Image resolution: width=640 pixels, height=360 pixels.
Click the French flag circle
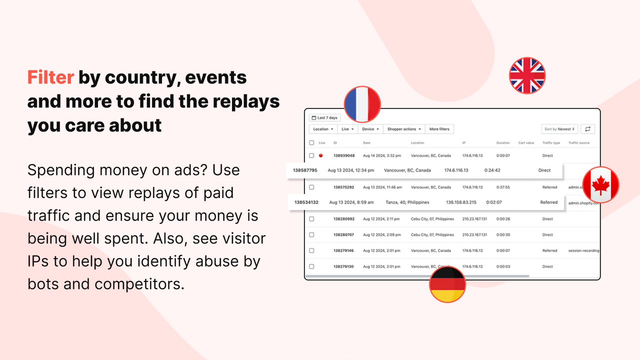coord(362,104)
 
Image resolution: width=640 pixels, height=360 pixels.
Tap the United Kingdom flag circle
coord(527,76)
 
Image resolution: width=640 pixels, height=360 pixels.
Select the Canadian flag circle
coord(600,184)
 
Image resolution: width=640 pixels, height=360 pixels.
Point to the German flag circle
coord(447,284)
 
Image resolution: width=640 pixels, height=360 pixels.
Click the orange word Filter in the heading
coord(50,77)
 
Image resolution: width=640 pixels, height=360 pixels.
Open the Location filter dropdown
coord(323,129)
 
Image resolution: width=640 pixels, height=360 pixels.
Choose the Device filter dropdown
coord(370,129)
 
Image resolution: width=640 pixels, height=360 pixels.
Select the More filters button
coord(439,129)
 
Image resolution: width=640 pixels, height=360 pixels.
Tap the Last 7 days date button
coord(324,118)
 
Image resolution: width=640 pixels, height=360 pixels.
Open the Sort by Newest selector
coord(559,129)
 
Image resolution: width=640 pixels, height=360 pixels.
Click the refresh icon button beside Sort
coord(588,129)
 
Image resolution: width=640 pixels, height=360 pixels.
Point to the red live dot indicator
coord(320,155)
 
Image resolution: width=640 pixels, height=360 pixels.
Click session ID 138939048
coord(343,155)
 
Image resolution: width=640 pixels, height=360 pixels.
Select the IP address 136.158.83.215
coord(461,202)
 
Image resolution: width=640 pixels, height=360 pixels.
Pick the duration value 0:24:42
coord(492,170)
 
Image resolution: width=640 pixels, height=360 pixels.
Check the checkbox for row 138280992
coord(311,219)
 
